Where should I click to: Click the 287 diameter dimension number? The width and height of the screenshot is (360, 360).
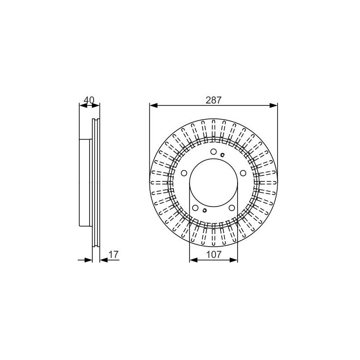point(213,100)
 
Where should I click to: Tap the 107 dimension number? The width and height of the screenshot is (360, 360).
point(213,254)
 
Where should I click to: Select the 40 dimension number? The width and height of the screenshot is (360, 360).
point(89,100)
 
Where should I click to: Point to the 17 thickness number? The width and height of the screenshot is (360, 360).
point(113,254)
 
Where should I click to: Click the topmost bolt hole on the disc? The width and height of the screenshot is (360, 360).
point(213,152)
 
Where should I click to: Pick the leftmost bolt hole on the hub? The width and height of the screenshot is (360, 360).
point(184,173)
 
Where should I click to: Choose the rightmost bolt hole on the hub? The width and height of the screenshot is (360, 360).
point(243,173)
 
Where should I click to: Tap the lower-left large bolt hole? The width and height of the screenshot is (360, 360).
point(195,208)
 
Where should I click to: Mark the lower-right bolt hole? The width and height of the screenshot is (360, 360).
point(232,208)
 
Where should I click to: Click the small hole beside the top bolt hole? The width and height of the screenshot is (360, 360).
point(222,155)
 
